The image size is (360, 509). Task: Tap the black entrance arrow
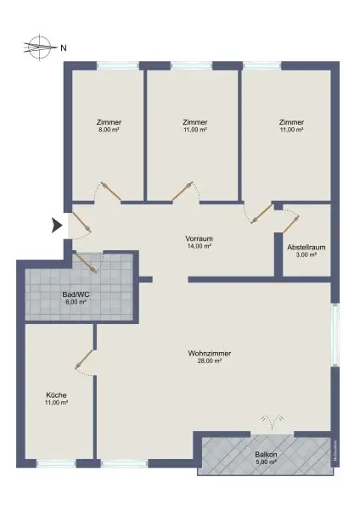(x=57, y=226)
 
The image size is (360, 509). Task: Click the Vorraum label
(x=198, y=238)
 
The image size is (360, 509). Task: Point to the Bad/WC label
(x=76, y=294)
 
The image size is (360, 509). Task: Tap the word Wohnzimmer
(x=210, y=353)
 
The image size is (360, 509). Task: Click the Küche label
(x=57, y=395)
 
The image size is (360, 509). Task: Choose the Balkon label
(x=266, y=455)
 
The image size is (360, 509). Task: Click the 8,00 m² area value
(x=109, y=130)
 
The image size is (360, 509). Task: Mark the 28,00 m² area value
(x=210, y=361)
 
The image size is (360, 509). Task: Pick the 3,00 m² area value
(x=307, y=255)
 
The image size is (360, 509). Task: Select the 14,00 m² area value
(x=198, y=246)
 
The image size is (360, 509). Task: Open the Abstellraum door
(x=290, y=223)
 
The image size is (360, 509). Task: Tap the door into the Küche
(x=85, y=360)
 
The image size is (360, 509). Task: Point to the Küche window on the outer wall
(x=57, y=463)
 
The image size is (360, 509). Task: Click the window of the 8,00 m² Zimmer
(x=117, y=65)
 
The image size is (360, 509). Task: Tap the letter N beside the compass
(x=64, y=48)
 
